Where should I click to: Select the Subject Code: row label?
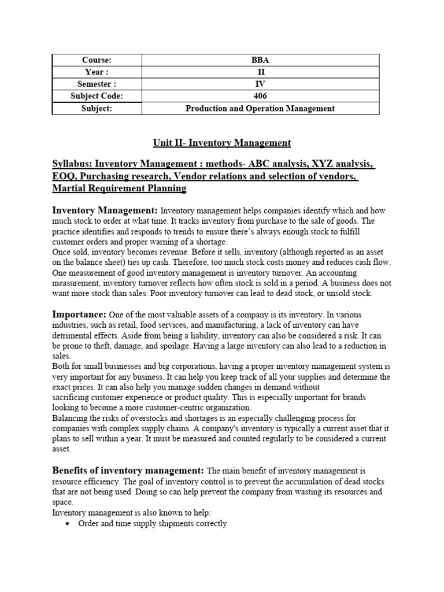pyautogui.click(x=97, y=96)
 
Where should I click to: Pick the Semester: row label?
pyautogui.click(x=97, y=84)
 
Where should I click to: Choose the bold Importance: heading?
pyautogui.click(x=79, y=314)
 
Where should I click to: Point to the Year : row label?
pyautogui.click(x=97, y=72)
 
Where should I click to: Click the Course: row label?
pyautogui.click(x=97, y=60)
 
